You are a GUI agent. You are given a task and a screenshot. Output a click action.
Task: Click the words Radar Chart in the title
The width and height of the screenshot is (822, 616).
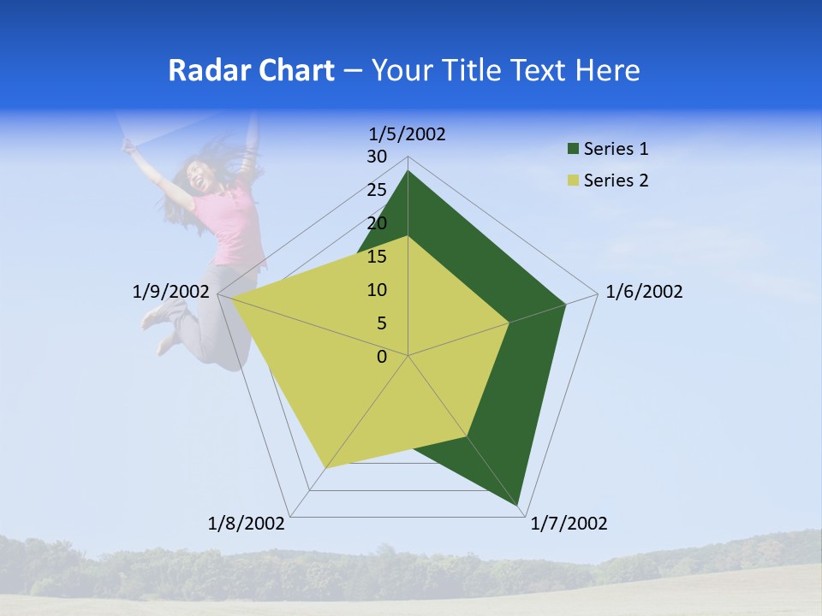tap(251, 70)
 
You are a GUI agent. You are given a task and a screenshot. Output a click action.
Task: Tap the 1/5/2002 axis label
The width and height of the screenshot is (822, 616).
tap(408, 133)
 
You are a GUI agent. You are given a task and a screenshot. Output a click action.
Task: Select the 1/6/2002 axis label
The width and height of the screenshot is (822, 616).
tap(644, 292)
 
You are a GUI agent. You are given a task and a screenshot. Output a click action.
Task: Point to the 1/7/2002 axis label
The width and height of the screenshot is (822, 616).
tap(569, 524)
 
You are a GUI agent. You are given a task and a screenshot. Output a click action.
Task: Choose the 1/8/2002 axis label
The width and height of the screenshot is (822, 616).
tap(247, 524)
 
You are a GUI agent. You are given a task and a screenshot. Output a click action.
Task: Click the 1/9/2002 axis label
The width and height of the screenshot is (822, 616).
tap(171, 292)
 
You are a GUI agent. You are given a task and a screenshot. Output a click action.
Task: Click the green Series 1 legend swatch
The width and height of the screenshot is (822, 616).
tap(573, 150)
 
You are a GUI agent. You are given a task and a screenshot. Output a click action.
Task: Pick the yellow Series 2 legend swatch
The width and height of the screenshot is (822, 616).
tap(573, 181)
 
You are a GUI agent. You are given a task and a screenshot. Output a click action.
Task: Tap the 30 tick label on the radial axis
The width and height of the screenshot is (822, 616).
tap(377, 157)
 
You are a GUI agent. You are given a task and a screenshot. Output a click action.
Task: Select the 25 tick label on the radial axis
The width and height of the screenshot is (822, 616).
tap(377, 190)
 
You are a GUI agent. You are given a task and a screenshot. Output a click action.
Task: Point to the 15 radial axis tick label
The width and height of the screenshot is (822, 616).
tap(377, 257)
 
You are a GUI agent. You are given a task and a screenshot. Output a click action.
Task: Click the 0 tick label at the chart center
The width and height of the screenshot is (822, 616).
tap(382, 357)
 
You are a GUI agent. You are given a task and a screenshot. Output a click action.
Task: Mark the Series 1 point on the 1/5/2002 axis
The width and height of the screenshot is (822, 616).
tap(408, 171)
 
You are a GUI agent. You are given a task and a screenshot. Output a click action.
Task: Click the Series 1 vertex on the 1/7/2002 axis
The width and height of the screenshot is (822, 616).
tap(518, 506)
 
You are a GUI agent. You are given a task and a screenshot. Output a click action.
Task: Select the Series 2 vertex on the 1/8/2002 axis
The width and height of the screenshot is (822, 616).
tap(325, 468)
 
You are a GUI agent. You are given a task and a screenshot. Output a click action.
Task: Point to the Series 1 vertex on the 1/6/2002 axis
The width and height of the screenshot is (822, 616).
tap(565, 304)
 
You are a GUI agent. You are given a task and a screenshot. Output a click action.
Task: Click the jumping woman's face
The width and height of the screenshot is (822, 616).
tap(202, 178)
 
